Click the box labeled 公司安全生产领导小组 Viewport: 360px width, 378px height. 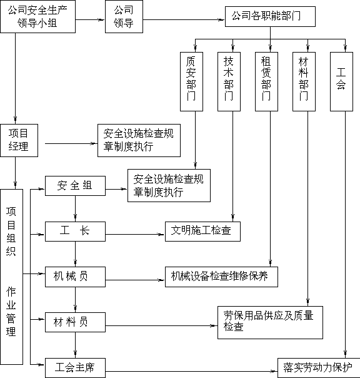[x=37, y=16]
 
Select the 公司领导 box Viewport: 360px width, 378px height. [x=124, y=16]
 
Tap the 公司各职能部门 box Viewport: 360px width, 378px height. [x=270, y=16]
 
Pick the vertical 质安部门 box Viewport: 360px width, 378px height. [x=191, y=81]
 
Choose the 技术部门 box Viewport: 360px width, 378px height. [x=229, y=81]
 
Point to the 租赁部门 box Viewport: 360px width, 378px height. [x=267, y=81]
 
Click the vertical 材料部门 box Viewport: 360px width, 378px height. [x=304, y=81]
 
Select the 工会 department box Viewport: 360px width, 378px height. [x=341, y=81]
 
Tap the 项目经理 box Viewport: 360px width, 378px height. [x=19, y=140]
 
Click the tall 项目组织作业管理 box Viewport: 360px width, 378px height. [x=11, y=277]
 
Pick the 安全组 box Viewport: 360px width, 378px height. [x=75, y=186]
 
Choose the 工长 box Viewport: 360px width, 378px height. [x=75, y=232]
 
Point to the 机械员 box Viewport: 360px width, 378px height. [x=75, y=277]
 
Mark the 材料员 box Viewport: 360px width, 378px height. [x=75, y=322]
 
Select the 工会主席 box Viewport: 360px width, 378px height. [x=75, y=368]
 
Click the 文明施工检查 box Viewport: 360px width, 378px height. [x=202, y=232]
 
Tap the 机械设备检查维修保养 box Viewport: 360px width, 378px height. [x=221, y=277]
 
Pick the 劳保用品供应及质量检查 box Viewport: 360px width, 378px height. [x=270, y=322]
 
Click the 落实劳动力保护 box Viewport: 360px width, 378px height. [x=319, y=368]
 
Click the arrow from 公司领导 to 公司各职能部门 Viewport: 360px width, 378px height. [x=184, y=20]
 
